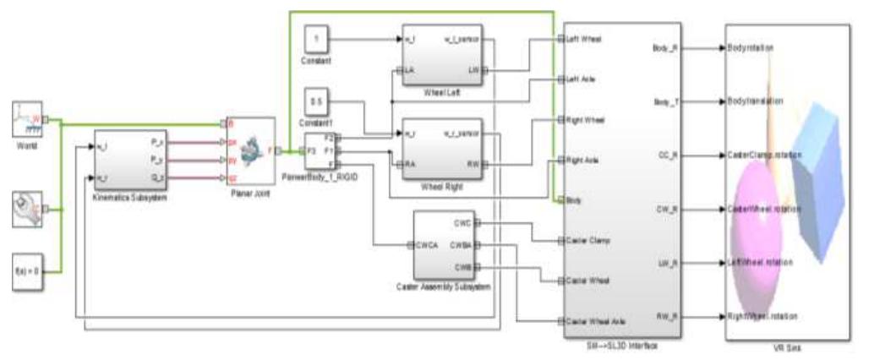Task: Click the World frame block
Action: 29,118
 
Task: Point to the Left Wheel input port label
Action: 583,40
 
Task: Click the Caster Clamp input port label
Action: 586,240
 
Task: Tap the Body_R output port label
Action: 663,47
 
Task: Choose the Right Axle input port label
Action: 582,160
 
